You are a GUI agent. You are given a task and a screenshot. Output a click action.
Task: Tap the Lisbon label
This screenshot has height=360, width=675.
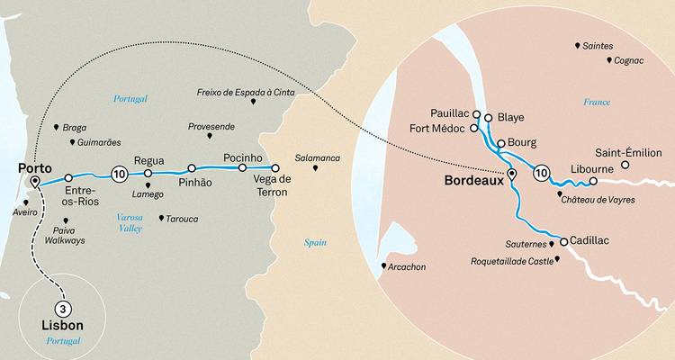click(62, 324)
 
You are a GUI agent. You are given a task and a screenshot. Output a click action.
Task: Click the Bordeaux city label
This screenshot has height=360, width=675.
click(473, 180)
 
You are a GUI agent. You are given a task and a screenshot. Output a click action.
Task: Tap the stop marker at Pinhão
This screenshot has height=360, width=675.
click(192, 168)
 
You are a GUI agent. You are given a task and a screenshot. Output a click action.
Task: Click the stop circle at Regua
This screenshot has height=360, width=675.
click(148, 173)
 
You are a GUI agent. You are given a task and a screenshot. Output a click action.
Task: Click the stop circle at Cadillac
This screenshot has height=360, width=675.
click(564, 241)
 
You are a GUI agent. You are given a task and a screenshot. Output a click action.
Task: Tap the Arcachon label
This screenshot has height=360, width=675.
click(407, 266)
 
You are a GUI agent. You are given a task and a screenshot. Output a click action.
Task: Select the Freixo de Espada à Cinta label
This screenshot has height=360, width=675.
click(245, 92)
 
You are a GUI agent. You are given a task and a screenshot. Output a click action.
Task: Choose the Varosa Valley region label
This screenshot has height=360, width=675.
click(131, 223)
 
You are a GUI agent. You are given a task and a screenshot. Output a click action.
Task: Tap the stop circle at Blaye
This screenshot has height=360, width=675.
click(489, 117)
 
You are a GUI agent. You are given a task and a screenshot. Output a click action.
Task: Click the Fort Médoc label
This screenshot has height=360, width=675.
click(436, 129)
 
